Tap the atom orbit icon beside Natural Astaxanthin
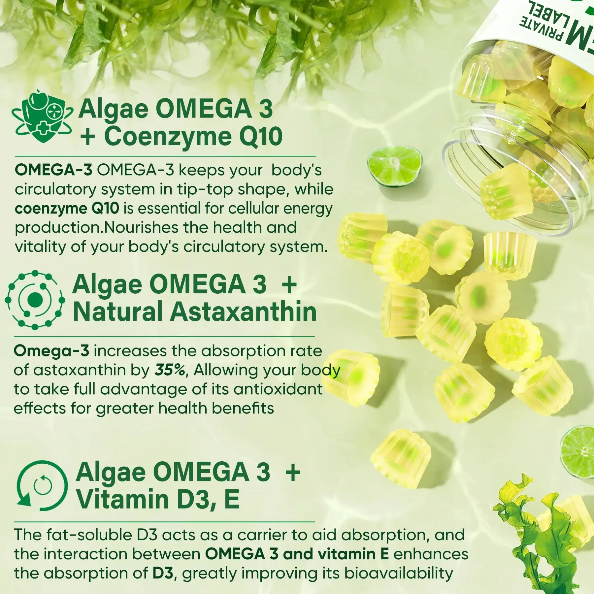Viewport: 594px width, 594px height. pyautogui.click(x=35, y=300)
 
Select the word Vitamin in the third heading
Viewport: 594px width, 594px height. pyautogui.click(x=122, y=499)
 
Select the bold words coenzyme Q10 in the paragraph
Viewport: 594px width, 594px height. pyautogui.click(x=67, y=209)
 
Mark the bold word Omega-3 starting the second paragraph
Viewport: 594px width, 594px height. pyautogui.click(x=51, y=351)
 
